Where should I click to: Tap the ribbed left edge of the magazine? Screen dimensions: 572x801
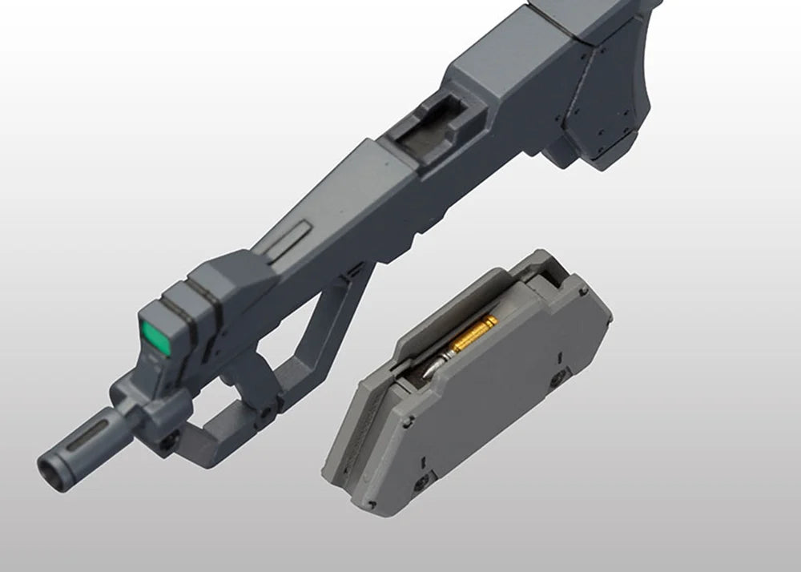[340, 449]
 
